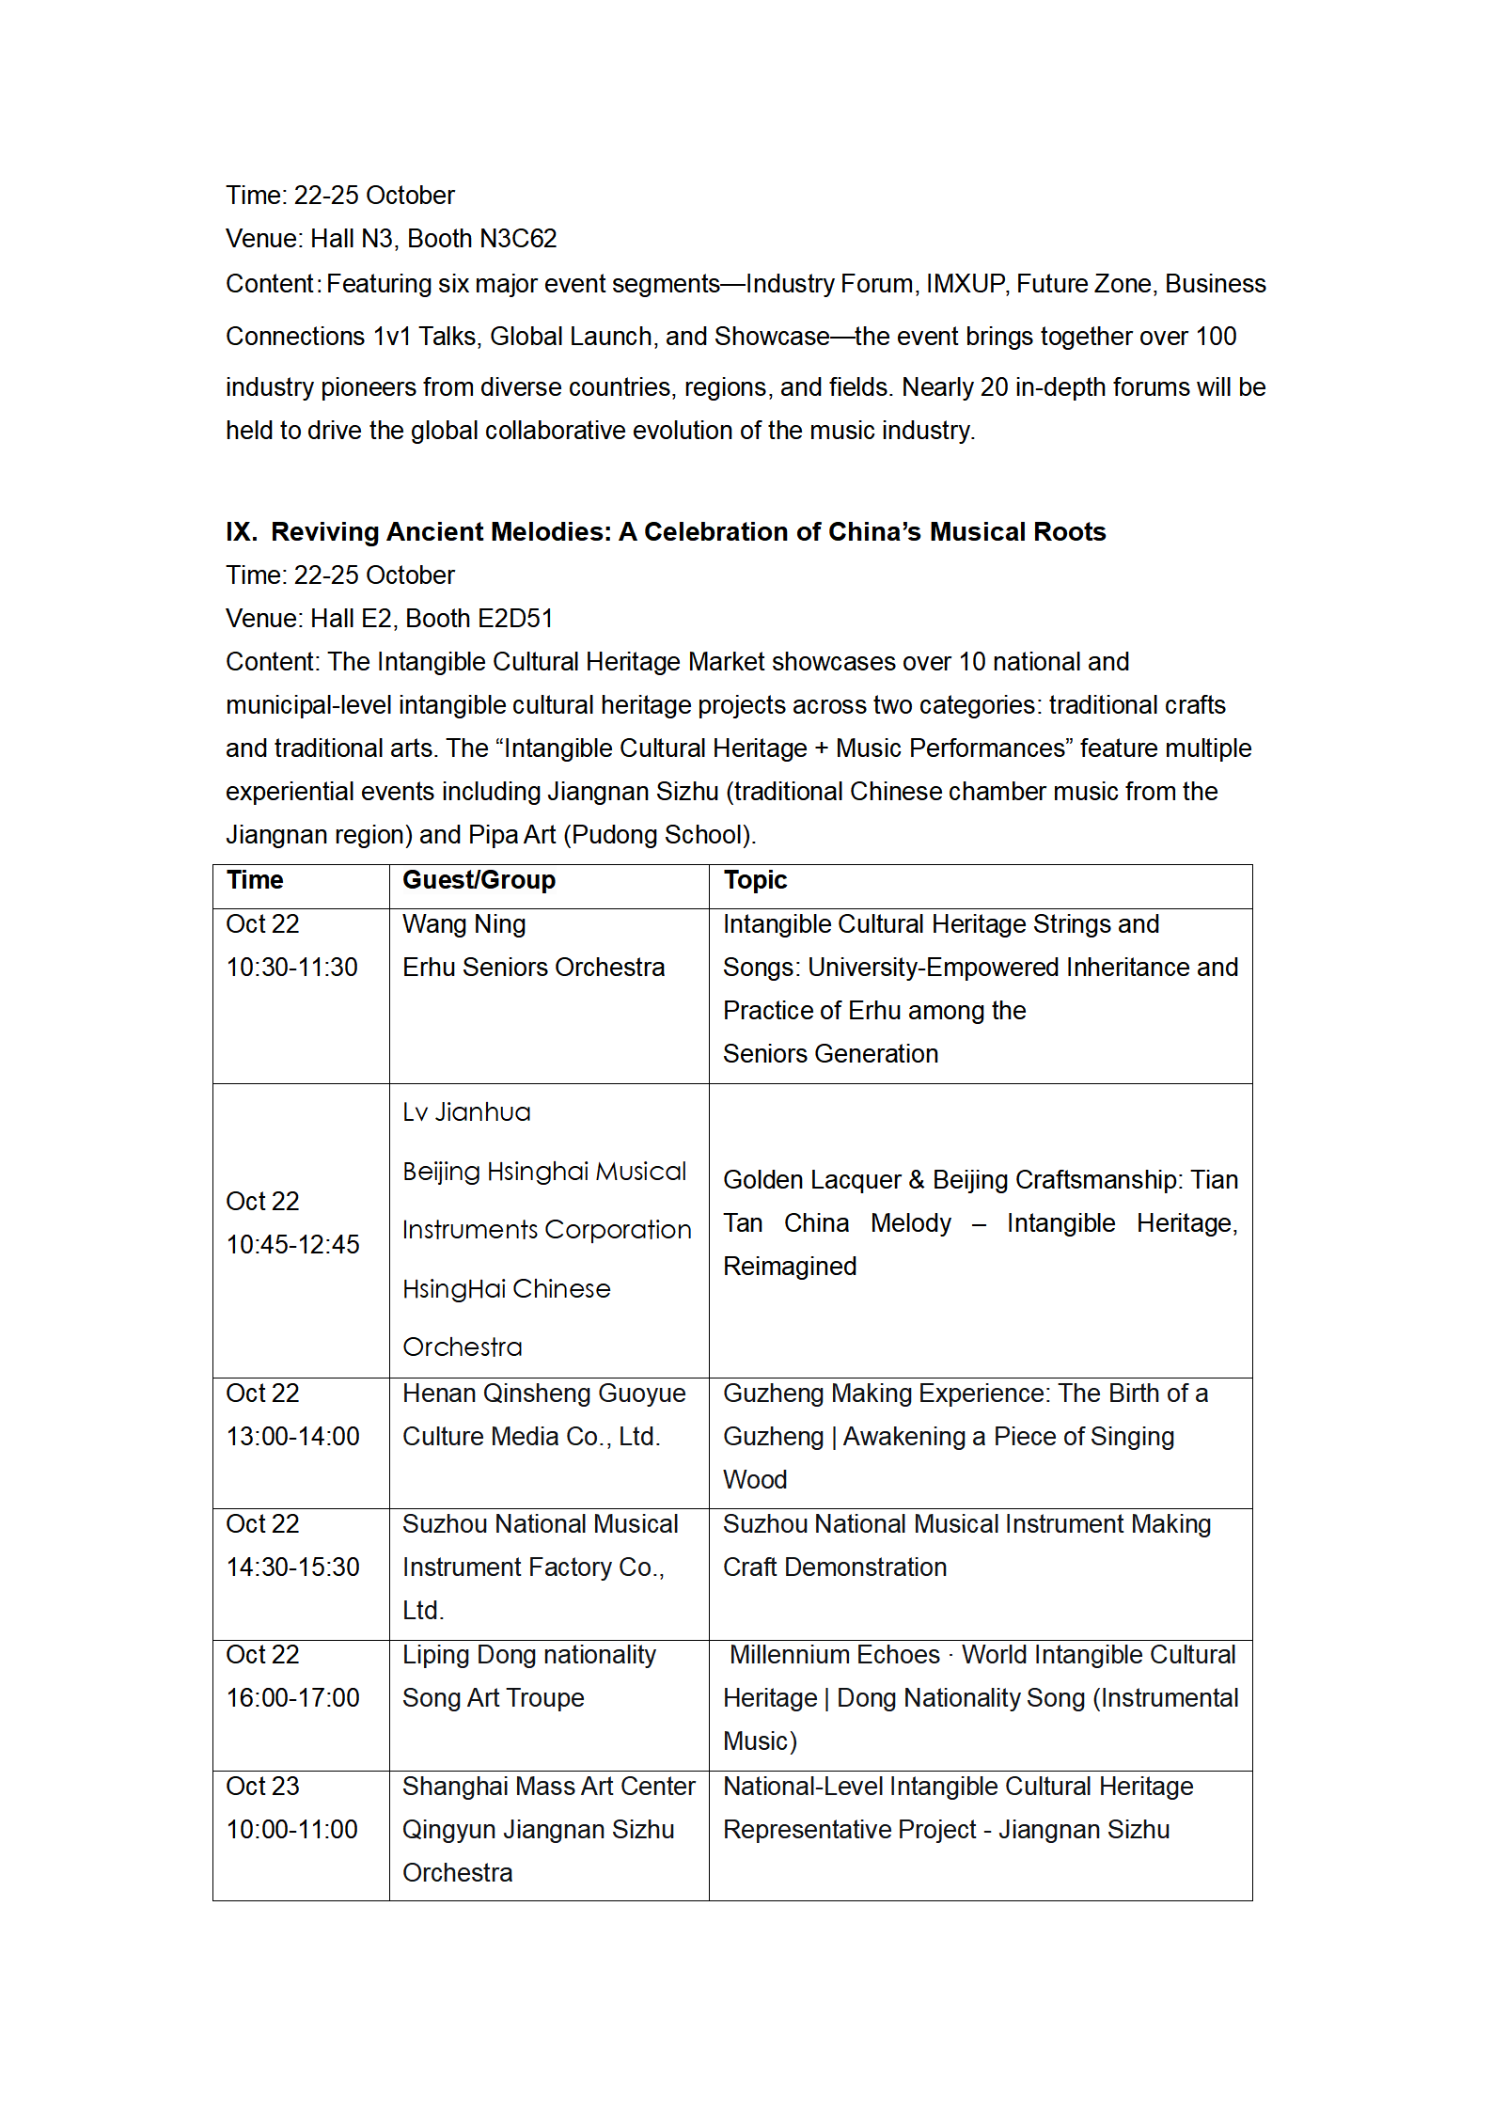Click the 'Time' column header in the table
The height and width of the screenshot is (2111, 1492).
[255, 880]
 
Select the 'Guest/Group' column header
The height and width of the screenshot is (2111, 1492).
[479, 880]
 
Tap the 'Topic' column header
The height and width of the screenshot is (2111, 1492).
[755, 880]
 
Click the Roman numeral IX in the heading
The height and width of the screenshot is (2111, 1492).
[241, 532]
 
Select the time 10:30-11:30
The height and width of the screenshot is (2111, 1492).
[292, 968]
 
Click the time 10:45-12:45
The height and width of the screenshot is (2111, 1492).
[292, 1245]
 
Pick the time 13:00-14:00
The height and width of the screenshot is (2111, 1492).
[292, 1437]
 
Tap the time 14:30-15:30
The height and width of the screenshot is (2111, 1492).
[292, 1567]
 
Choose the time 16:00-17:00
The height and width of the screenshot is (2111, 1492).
[292, 1698]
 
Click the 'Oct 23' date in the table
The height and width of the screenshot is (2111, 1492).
[262, 1787]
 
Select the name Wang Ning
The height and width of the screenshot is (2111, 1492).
[464, 924]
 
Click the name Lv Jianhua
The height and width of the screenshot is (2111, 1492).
[466, 1112]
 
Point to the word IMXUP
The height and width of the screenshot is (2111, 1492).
[965, 284]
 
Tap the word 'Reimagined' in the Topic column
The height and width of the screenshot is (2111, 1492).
[790, 1267]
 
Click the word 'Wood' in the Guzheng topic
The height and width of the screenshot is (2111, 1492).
[755, 1480]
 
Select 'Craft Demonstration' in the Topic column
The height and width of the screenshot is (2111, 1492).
[835, 1567]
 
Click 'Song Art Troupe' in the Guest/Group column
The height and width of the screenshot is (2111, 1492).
[494, 1698]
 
